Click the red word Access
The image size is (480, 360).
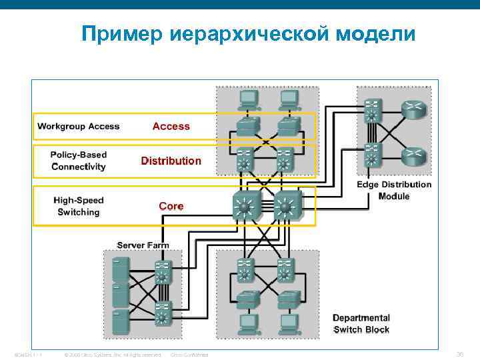171,126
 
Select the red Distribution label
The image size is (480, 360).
171,161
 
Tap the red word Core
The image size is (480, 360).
171,206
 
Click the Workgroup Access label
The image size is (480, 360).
79,126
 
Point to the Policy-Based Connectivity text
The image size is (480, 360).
79,161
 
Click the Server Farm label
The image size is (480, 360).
143,245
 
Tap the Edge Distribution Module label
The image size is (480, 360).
394,190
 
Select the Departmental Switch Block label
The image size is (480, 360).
361,324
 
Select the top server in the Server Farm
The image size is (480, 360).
121,269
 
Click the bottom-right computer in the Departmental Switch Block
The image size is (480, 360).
289,323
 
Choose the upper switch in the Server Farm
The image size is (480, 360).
162,271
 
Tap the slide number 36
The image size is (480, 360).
459,354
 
